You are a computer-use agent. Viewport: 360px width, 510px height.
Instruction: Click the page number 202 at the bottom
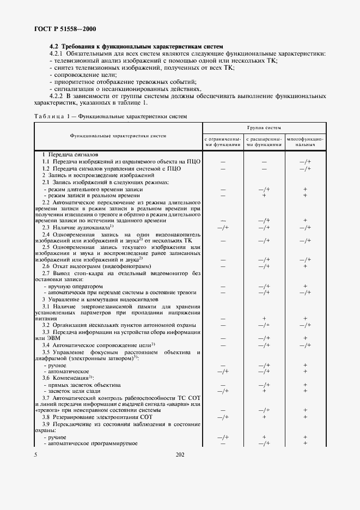pos(180,454)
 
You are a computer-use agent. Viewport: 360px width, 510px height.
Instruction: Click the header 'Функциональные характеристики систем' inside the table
pos(118,136)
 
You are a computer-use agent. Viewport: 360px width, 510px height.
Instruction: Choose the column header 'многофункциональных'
pos(305,143)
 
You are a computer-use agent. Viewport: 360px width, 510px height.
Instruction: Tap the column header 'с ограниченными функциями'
pos(222,143)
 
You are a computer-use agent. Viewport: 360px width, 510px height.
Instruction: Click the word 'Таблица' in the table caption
pos(48,117)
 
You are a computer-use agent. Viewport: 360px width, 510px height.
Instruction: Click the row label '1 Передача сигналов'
pos(66,155)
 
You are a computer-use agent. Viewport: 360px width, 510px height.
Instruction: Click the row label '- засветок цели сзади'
pos(76,391)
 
